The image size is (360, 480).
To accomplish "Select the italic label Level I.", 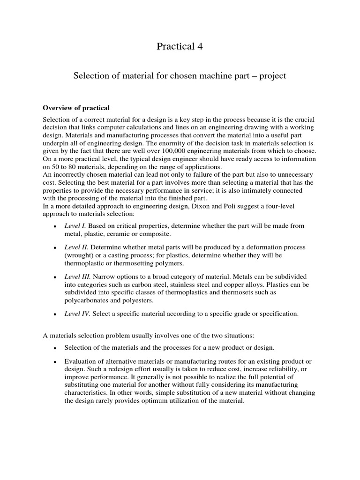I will pos(75,226).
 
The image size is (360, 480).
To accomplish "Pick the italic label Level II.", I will pos(76,247).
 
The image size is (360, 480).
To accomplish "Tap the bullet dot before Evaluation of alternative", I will pos(55,362).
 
